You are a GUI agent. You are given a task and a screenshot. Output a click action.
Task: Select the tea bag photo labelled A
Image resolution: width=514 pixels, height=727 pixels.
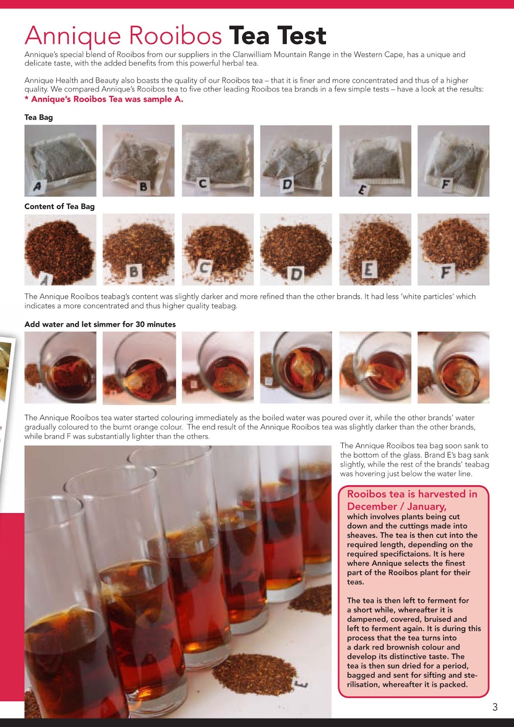(x=60, y=160)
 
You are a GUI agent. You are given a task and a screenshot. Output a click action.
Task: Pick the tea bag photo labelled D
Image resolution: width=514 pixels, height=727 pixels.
(x=296, y=160)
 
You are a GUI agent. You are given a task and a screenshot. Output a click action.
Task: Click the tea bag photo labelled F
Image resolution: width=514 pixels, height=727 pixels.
(x=453, y=160)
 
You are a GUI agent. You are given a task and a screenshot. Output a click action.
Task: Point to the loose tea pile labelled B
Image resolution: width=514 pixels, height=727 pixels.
(x=139, y=249)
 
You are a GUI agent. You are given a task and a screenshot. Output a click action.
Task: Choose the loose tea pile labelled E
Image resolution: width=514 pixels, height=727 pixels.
(x=375, y=249)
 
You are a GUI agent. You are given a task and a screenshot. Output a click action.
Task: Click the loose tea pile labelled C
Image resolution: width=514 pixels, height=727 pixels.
(x=218, y=249)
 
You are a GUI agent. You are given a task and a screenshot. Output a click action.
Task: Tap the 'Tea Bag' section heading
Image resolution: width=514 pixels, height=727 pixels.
(x=39, y=117)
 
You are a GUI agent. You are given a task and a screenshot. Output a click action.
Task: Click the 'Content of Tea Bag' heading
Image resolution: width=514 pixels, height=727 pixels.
(x=60, y=206)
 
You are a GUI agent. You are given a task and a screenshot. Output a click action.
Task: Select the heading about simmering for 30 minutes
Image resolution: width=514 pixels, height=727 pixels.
(x=100, y=324)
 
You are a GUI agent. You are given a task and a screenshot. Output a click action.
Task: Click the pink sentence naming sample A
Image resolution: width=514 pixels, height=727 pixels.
(x=104, y=99)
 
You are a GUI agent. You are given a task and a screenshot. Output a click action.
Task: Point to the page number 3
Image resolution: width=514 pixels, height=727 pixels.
(x=495, y=707)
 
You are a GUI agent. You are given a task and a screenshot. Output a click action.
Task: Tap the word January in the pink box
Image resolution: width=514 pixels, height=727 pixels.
(x=427, y=506)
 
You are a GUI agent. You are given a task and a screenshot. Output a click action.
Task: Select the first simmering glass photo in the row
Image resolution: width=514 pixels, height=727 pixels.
(x=60, y=367)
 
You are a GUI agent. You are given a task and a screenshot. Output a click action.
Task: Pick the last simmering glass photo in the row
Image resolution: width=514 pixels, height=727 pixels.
(x=453, y=367)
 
